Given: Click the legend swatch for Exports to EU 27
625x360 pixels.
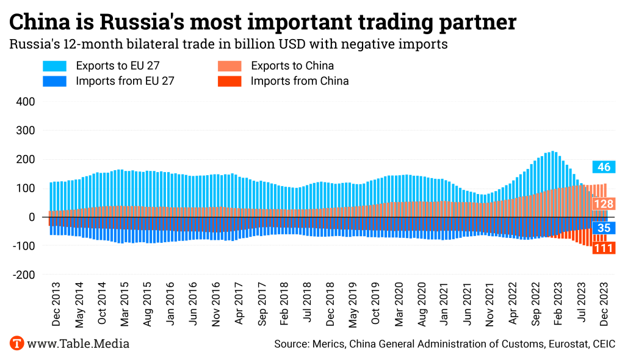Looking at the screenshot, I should click(x=54, y=66).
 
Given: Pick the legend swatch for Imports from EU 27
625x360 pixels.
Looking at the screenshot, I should click(x=54, y=81).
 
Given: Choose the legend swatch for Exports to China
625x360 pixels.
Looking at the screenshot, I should click(x=229, y=66).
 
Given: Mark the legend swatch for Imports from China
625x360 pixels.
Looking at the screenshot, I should click(x=229, y=81).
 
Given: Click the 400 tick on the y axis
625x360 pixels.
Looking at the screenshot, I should click(x=24, y=101).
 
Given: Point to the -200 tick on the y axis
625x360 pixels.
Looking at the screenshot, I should click(x=23, y=275).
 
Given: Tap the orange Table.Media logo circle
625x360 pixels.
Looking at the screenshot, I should click(x=16, y=344).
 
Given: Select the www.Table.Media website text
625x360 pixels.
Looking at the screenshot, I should click(x=78, y=344).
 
